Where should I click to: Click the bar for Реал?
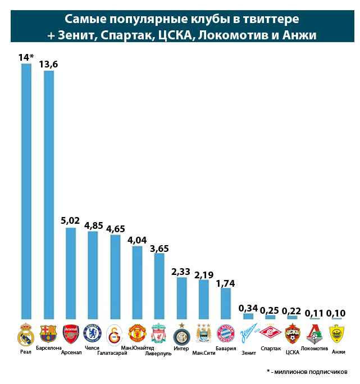click(26, 191)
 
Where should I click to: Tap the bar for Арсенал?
click(71, 273)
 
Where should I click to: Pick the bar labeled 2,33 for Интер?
click(181, 298)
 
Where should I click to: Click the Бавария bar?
click(226, 304)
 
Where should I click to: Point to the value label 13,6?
click(48, 65)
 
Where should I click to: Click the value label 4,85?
click(93, 225)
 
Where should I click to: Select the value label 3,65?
click(160, 248)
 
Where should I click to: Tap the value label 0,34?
click(248, 308)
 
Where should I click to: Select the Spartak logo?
click(270, 334)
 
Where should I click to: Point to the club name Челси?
click(92, 348)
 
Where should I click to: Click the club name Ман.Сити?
click(203, 353)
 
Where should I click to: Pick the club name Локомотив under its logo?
click(315, 349)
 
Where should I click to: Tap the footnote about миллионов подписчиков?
click(307, 372)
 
